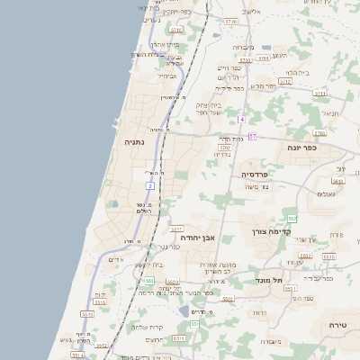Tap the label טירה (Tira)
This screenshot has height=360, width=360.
point(337,324)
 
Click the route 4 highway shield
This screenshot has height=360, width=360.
point(241,120)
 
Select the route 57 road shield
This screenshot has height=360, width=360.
point(252,136)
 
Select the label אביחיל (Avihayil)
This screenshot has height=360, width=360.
point(167,76)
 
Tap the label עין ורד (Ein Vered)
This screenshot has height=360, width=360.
point(306,240)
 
